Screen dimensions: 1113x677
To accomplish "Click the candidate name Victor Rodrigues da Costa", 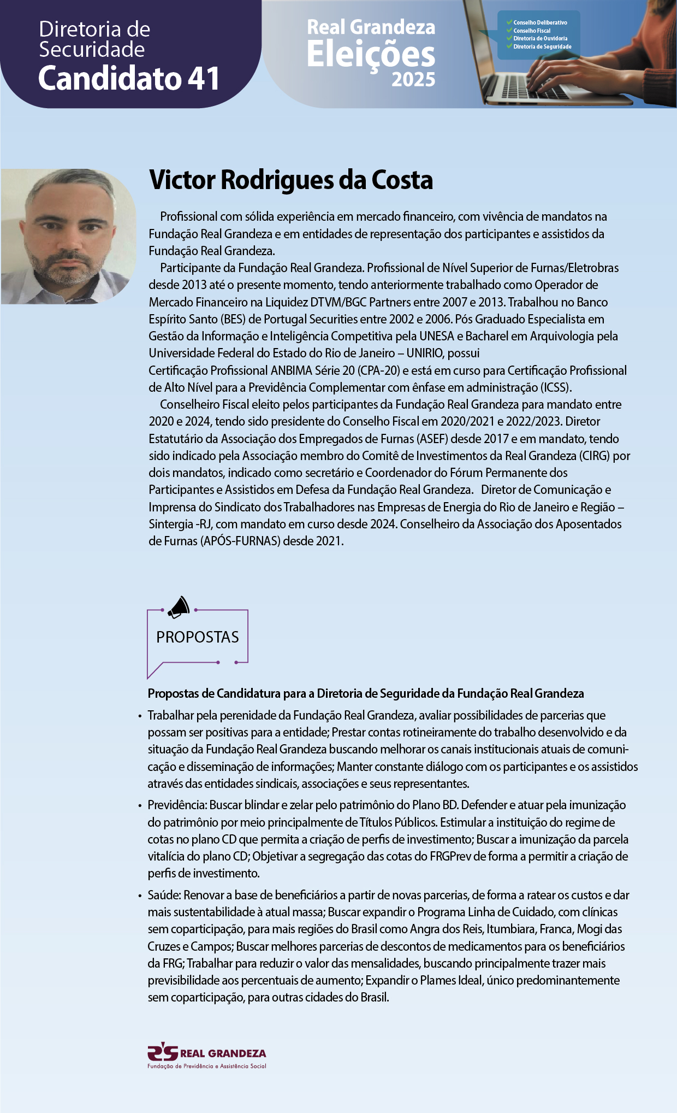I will coord(290,180).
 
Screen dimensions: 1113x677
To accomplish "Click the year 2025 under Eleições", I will coord(413,80).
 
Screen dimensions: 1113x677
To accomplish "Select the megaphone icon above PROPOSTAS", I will coord(179,607).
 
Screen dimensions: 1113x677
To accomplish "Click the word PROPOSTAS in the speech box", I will coord(198,637).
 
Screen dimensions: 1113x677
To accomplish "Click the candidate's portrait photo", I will coord(68,236).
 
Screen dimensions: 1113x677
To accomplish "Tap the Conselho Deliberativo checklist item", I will coord(539,23).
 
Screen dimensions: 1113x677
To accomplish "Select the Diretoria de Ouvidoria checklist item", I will coord(539,39).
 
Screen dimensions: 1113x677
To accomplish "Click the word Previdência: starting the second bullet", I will coord(177,805).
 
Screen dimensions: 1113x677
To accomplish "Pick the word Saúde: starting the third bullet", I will coord(164,895).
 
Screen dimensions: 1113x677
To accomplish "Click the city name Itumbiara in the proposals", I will coord(508,929).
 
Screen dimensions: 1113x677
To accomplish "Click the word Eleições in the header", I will coord(371,55).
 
